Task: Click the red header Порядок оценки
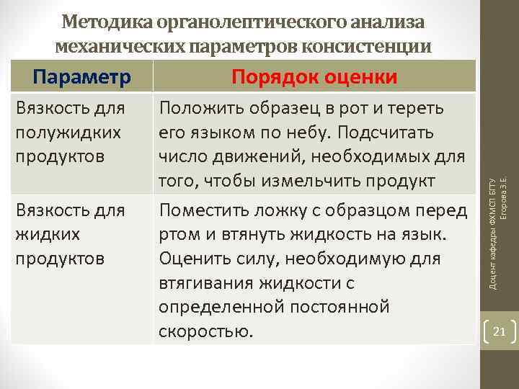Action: [314, 76]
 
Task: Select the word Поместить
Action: [203, 210]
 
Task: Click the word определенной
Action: [213, 308]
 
